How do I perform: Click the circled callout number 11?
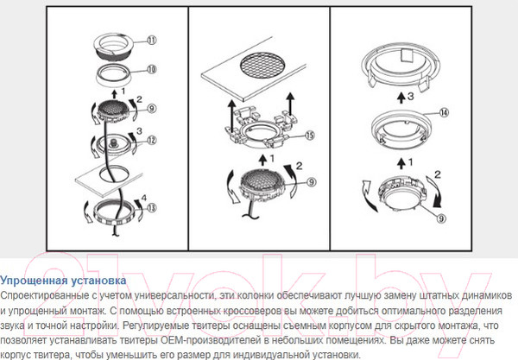[151, 41]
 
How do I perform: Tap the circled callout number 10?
[151, 70]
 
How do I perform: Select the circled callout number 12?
[151, 141]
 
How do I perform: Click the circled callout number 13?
[151, 208]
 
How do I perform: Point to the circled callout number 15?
[310, 136]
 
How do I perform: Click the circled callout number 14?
[445, 113]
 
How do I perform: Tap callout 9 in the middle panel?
[311, 182]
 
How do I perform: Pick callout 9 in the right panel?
[441, 218]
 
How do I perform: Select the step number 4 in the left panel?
[143, 198]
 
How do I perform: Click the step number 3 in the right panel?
[410, 97]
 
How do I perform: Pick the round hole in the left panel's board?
[112, 174]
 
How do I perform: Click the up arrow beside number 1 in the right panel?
[401, 163]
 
